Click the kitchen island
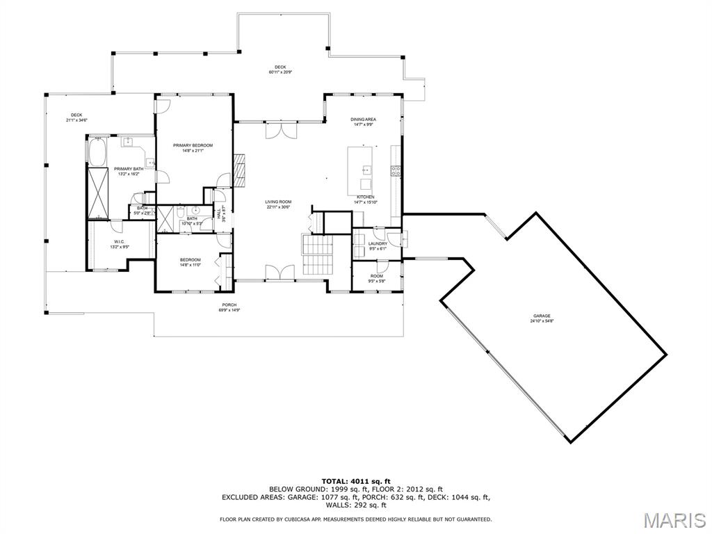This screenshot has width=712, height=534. [362, 170]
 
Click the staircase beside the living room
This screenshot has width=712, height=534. [318, 254]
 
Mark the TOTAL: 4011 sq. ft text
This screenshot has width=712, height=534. [356, 481]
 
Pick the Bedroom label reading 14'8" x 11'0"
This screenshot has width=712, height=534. [190, 261]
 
